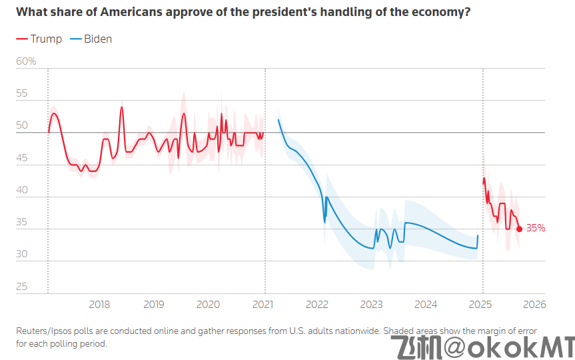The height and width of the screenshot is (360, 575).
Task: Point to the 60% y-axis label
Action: coord(26,62)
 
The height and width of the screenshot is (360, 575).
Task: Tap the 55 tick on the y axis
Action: coord(22,94)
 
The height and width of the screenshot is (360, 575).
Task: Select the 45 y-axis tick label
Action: coord(22,159)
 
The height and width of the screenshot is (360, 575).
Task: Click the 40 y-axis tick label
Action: coord(22,191)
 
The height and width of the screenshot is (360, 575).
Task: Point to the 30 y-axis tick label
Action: coord(22,255)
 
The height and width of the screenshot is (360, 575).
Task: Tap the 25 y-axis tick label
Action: coord(22,287)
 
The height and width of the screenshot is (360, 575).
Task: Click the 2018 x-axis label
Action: coord(99,305)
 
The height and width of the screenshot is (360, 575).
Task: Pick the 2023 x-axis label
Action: coord(371,305)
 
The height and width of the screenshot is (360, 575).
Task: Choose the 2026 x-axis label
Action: coord(534,305)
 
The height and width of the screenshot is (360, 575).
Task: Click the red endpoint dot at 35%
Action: coord(519,229)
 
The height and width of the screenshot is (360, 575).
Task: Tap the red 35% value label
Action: coord(536,228)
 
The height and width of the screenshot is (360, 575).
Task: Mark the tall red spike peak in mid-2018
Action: coord(122,107)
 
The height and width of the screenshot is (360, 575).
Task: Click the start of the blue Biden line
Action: coord(278,120)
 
